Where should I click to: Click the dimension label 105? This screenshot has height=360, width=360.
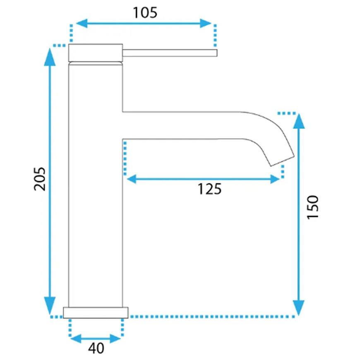click(x=145, y=13)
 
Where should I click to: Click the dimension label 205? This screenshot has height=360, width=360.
click(x=40, y=179)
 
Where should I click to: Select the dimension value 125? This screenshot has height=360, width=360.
click(x=210, y=189)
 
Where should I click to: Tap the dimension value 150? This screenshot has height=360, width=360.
click(x=313, y=207)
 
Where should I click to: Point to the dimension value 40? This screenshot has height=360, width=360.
click(x=96, y=348)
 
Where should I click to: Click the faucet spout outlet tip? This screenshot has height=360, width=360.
click(x=283, y=161)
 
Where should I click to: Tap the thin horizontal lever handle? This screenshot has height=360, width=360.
click(x=170, y=53)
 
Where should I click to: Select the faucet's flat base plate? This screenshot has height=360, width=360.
click(x=96, y=312)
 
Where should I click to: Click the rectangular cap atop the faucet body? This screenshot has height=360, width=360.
click(x=96, y=53)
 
